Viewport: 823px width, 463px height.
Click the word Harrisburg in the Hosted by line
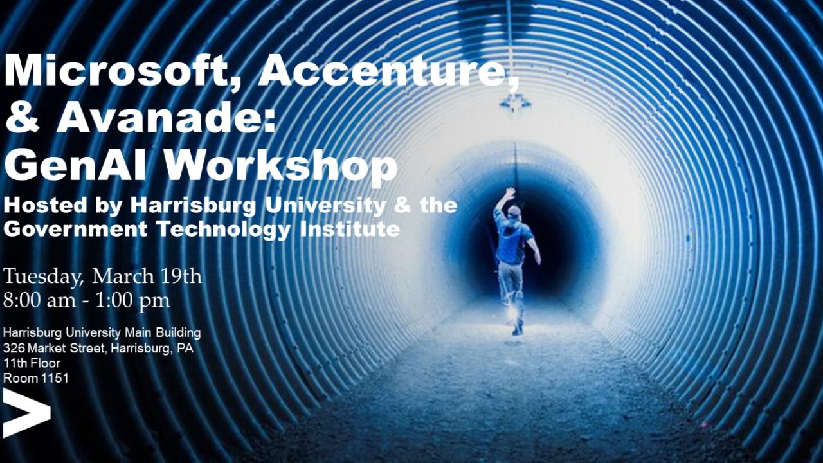tap(193, 206)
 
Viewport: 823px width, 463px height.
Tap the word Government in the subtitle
tap(75, 230)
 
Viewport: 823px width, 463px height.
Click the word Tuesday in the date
tap(42, 277)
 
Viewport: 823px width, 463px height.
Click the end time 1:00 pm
tap(132, 301)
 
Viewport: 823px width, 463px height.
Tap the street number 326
tap(14, 348)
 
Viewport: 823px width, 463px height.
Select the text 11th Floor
tap(32, 363)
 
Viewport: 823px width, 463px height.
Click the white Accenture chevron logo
tap(26, 413)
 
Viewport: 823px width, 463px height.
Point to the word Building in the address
tap(178, 334)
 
